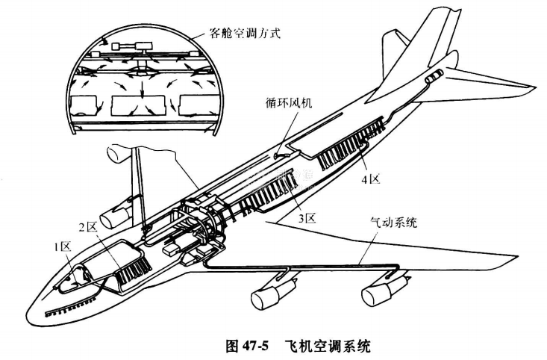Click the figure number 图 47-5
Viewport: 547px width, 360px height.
[247, 346]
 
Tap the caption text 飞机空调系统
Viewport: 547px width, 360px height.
[328, 346]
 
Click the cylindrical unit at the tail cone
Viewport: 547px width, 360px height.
[434, 76]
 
